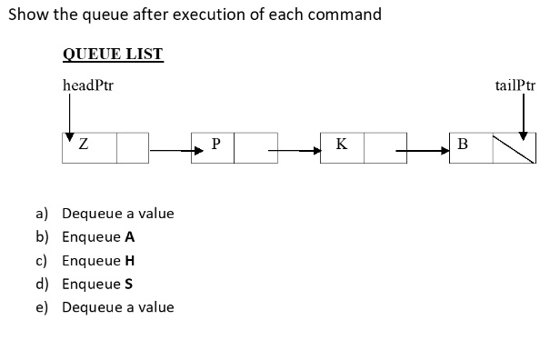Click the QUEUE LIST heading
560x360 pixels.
coord(113,54)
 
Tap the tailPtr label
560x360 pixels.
coord(515,86)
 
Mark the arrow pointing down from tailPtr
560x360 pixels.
coord(523,116)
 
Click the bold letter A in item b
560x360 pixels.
coord(130,237)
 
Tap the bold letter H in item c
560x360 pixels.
coord(130,260)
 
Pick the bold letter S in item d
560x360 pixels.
coord(129,284)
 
